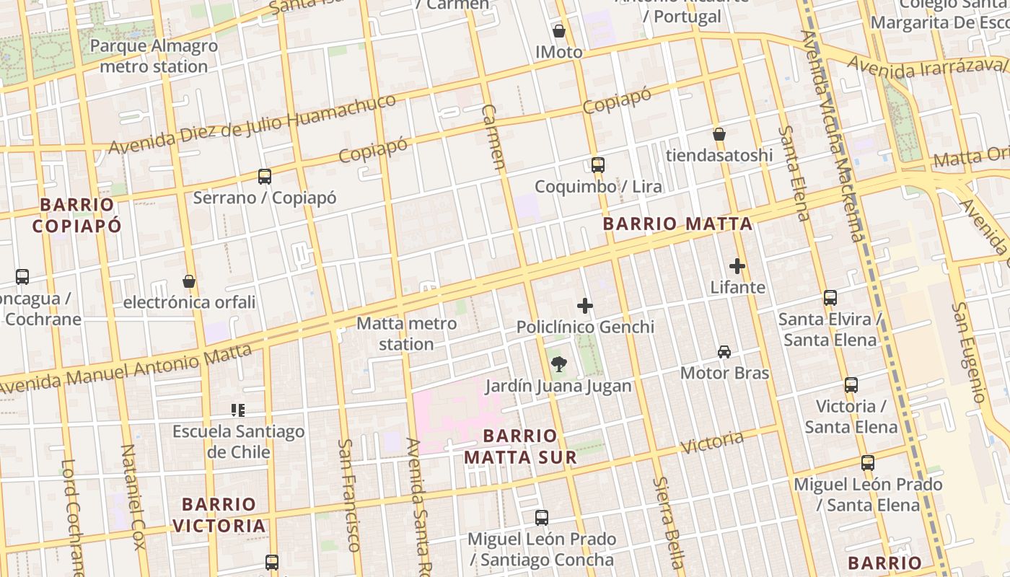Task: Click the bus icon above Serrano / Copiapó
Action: pyautogui.click(x=265, y=177)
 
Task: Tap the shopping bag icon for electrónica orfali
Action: pyautogui.click(x=189, y=281)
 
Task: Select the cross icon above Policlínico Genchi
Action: pyautogui.click(x=585, y=307)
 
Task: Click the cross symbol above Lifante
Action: pyautogui.click(x=737, y=266)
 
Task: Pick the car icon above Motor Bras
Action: pyautogui.click(x=724, y=352)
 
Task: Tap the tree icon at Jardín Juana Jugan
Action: pyautogui.click(x=558, y=364)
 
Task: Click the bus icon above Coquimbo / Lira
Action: pyautogui.click(x=598, y=165)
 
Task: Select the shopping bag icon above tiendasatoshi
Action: pyautogui.click(x=719, y=134)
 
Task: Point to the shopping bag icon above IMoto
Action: pyautogui.click(x=559, y=31)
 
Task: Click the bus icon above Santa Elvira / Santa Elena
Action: pyautogui.click(x=830, y=297)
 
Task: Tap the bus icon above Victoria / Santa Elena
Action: pyautogui.click(x=851, y=385)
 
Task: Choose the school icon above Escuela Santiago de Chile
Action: pyautogui.click(x=238, y=410)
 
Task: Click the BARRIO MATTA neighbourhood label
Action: pyautogui.click(x=677, y=224)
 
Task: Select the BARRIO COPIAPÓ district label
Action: pyautogui.click(x=77, y=215)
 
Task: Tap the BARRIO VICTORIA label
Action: pyautogui.click(x=219, y=515)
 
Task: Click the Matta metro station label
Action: pyautogui.click(x=407, y=333)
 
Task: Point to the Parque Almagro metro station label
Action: pyautogui.click(x=154, y=56)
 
